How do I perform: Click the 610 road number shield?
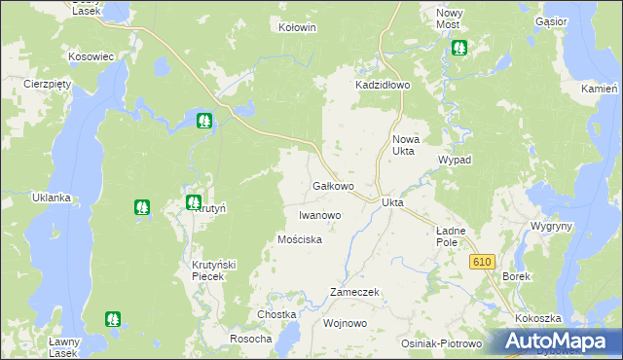(x=482, y=262)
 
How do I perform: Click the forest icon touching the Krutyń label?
(x=193, y=201)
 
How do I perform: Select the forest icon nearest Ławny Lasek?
(x=113, y=318)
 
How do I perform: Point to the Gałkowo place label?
(x=332, y=185)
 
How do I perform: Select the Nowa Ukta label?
(x=404, y=145)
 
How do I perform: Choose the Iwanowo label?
(x=319, y=214)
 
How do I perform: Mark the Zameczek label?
(x=354, y=292)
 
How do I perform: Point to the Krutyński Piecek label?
(x=207, y=270)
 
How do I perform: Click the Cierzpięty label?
(x=49, y=84)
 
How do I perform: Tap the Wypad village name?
(x=455, y=159)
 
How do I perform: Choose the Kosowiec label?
(x=91, y=56)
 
